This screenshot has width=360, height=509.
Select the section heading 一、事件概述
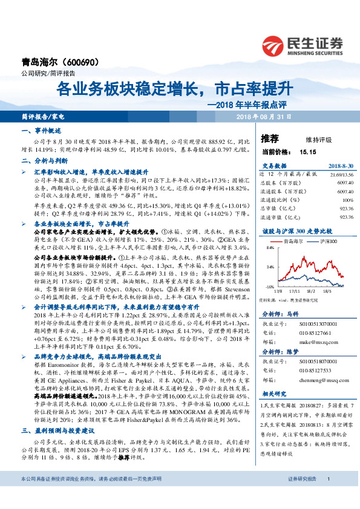39,130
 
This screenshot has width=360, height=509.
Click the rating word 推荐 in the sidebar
270,138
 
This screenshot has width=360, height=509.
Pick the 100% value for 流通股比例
347,199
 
